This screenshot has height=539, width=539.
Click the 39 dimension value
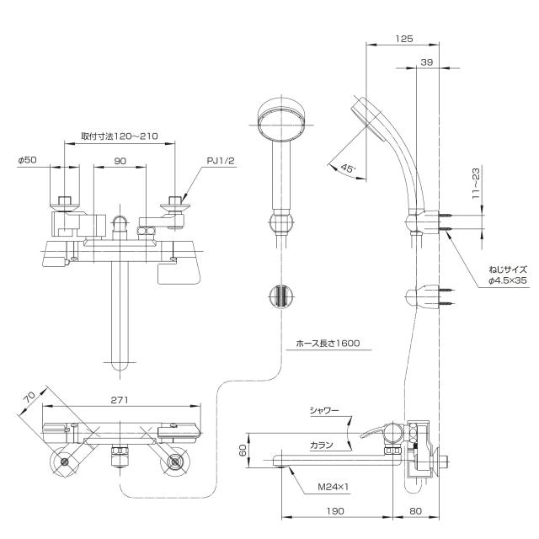click(426, 62)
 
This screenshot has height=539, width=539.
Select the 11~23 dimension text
click(476, 182)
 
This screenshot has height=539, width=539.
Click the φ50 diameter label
click(26, 159)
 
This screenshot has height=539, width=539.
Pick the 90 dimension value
click(120, 159)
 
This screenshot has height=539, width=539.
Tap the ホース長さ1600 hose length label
click(323, 344)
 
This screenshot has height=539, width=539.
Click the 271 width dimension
click(119, 402)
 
